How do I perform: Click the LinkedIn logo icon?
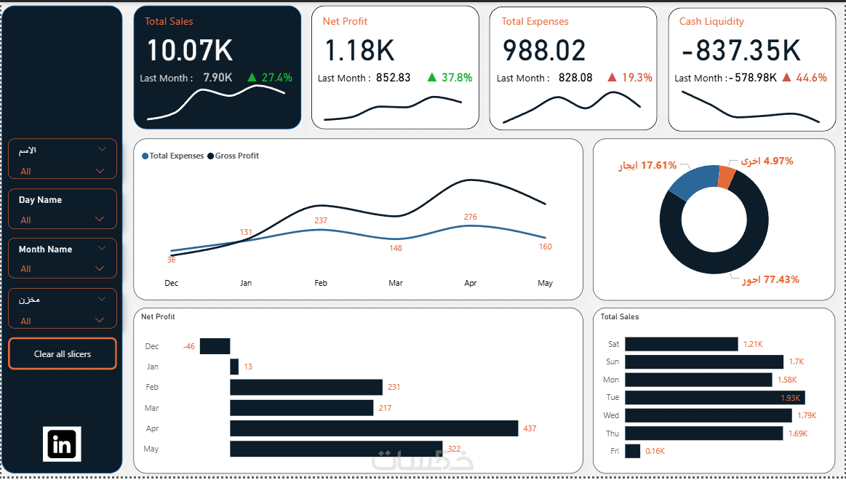[x=62, y=444]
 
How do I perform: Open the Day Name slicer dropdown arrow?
[x=99, y=220]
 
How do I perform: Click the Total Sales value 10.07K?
[x=189, y=50]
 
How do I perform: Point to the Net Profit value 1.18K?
[x=360, y=50]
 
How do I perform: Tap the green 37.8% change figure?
[x=457, y=78]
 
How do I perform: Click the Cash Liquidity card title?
[x=711, y=22]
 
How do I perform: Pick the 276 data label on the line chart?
[x=471, y=217]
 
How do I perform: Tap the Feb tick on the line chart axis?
[x=321, y=283]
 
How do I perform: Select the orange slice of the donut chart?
[x=727, y=177]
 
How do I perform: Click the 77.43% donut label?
[x=781, y=279]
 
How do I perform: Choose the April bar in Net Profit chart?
[x=374, y=428]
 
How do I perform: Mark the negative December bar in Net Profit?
[x=215, y=346]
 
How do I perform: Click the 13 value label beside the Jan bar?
[x=248, y=367]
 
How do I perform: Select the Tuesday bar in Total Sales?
[x=715, y=398]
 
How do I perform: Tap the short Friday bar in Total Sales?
[x=632, y=451]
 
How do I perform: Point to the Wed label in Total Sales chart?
[x=611, y=415]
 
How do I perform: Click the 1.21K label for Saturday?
[x=753, y=344]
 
